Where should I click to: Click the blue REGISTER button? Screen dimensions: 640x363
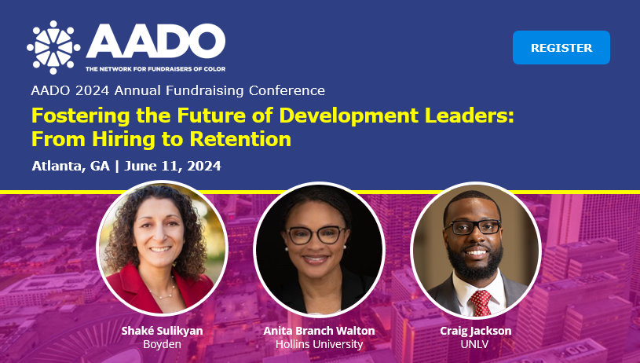pyautogui.click(x=561, y=47)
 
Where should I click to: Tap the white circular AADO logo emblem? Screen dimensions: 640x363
pyautogui.click(x=53, y=47)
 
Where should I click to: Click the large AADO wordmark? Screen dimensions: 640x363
pyautogui.click(x=155, y=41)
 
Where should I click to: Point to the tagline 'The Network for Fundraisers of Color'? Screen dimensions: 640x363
pyautogui.click(x=155, y=69)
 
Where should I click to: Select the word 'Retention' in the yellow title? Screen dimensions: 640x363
pyautogui.click(x=240, y=139)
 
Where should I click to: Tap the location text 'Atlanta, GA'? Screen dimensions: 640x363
pyautogui.click(x=71, y=166)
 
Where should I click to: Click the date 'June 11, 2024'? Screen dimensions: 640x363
pyautogui.click(x=173, y=166)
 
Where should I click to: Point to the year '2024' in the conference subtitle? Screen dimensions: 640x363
pyautogui.click(x=92, y=90)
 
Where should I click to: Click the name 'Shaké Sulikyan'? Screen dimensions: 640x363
pyautogui.click(x=162, y=330)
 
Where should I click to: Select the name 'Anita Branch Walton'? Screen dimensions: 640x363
pyautogui.click(x=319, y=330)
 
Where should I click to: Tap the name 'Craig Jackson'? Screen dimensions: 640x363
pyautogui.click(x=476, y=330)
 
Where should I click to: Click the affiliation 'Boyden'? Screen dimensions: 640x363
pyautogui.click(x=162, y=344)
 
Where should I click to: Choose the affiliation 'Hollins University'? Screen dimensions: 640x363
pyautogui.click(x=319, y=344)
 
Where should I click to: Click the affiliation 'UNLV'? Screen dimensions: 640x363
pyautogui.click(x=474, y=344)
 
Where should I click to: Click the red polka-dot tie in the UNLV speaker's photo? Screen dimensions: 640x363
pyautogui.click(x=481, y=302)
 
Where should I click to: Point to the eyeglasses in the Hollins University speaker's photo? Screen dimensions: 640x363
pyautogui.click(x=316, y=235)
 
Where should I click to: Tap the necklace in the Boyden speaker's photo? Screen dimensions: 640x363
pyautogui.click(x=163, y=291)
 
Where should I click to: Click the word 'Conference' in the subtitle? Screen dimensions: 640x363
pyautogui.click(x=287, y=90)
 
